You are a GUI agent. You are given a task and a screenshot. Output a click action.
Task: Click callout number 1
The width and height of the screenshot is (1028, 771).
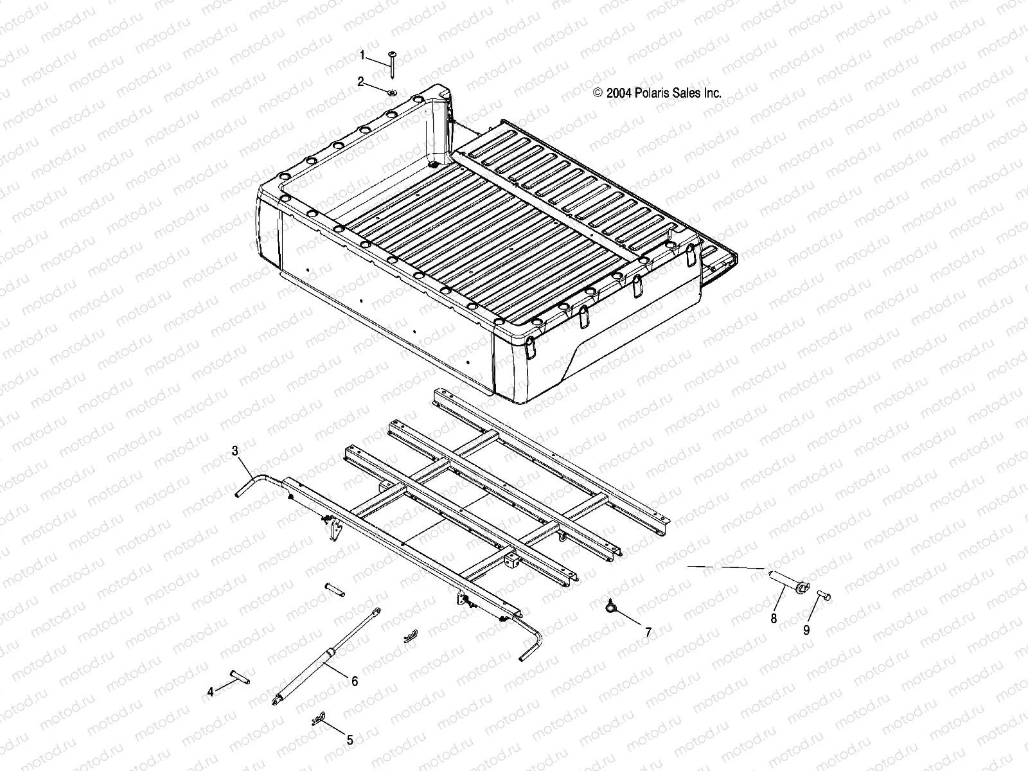[362, 56]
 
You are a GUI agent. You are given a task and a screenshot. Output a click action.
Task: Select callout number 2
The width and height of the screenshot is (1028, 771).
[361, 81]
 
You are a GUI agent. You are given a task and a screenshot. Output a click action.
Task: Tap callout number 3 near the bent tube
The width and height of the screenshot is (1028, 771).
[235, 451]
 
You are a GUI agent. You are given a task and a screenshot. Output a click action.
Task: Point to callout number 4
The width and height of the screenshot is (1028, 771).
[209, 692]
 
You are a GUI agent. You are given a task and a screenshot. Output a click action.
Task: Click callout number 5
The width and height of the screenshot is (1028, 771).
[350, 740]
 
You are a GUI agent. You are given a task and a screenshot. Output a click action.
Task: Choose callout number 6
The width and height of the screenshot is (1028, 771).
[354, 681]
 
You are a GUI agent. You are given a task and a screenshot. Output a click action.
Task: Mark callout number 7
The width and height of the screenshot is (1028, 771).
[648, 632]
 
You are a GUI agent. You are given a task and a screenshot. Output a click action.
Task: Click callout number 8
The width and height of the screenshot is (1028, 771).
[774, 618]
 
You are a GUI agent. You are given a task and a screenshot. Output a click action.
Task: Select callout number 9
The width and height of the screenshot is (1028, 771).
[806, 630]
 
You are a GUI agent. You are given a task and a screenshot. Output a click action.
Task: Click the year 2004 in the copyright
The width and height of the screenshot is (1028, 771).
[617, 93]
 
